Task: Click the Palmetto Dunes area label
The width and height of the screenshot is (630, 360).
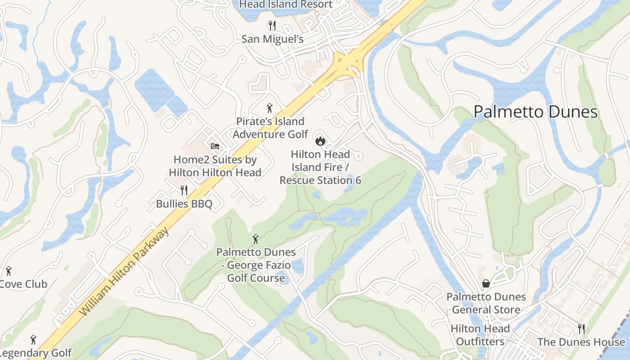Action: (535, 112)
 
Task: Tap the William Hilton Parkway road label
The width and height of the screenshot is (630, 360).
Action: (125, 272)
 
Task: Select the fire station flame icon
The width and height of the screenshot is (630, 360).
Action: (320, 141)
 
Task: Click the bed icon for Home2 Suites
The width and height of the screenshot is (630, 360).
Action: (215, 146)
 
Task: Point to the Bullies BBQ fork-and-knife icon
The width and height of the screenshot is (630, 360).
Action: (184, 190)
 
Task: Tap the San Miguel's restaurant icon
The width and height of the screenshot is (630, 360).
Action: (272, 25)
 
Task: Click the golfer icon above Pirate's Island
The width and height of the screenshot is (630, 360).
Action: (270, 108)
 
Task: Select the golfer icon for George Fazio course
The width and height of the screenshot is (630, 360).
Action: (256, 238)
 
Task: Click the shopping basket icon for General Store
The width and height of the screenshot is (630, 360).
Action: (486, 283)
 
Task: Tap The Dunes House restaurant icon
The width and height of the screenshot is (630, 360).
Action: (581, 329)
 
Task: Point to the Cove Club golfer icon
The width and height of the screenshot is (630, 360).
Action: (8, 271)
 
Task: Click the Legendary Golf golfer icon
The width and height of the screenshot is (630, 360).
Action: (33, 340)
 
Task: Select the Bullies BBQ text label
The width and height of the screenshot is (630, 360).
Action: (184, 204)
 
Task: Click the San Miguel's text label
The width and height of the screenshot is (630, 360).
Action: (272, 39)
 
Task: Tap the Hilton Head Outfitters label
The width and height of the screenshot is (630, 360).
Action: (480, 335)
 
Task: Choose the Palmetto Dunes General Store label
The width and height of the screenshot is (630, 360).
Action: (486, 303)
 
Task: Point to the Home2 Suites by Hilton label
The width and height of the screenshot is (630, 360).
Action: (215, 166)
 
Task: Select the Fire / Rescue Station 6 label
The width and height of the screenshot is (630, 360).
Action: (320, 167)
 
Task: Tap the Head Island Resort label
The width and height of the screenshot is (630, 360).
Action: (286, 4)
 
